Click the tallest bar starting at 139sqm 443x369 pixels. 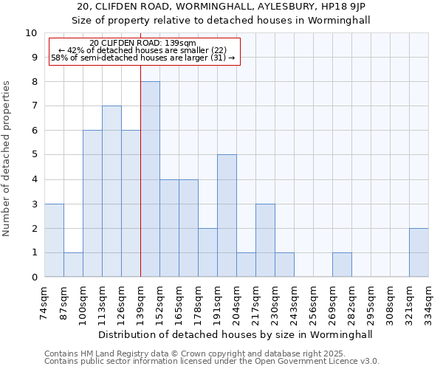(x=150, y=179)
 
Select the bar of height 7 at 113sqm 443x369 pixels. (x=111, y=191)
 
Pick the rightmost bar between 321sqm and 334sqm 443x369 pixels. (x=419, y=252)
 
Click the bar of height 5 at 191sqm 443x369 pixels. (x=227, y=215)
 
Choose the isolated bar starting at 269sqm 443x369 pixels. (x=342, y=265)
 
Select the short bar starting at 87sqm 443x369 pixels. (x=73, y=265)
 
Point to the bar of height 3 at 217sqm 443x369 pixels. (x=265, y=241)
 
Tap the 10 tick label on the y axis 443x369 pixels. (x=32, y=33)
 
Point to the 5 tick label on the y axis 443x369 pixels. (x=34, y=155)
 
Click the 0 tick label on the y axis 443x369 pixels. (x=34, y=277)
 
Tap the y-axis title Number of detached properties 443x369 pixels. (x=7, y=159)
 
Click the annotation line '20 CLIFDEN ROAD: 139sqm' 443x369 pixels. (x=142, y=44)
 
